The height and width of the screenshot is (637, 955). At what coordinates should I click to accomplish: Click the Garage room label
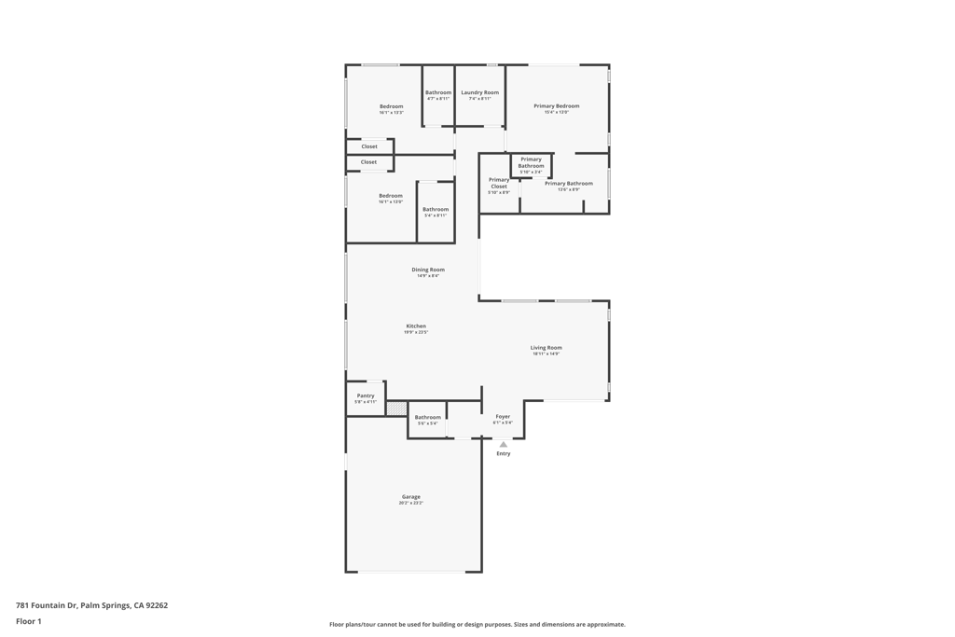pyautogui.click(x=411, y=497)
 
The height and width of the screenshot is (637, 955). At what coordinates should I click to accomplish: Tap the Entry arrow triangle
pyautogui.click(x=504, y=445)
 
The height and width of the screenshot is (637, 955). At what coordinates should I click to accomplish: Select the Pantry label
pyautogui.click(x=366, y=395)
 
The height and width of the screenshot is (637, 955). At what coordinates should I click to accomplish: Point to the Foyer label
pyautogui.click(x=503, y=417)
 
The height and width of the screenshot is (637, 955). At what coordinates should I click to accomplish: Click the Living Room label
pyautogui.click(x=547, y=348)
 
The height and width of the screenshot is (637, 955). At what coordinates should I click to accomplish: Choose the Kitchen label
pyautogui.click(x=416, y=326)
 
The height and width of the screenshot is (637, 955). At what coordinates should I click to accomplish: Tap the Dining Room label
pyautogui.click(x=428, y=270)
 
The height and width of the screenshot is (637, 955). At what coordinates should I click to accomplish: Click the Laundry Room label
pyautogui.click(x=479, y=92)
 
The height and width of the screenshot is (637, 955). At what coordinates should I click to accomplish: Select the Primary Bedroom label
pyautogui.click(x=557, y=106)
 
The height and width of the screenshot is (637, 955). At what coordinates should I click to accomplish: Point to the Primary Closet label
pyautogui.click(x=499, y=183)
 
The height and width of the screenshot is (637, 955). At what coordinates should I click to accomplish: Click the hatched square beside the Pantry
pyautogui.click(x=396, y=408)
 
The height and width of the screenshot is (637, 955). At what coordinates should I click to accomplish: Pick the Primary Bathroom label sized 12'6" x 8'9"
pyautogui.click(x=569, y=184)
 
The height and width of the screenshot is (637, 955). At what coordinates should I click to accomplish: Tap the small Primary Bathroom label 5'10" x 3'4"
pyautogui.click(x=531, y=162)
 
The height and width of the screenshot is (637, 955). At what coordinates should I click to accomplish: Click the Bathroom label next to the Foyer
pyautogui.click(x=428, y=417)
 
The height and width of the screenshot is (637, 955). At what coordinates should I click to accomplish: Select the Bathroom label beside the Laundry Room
pyautogui.click(x=438, y=92)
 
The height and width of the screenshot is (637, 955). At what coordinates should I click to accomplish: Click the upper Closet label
pyautogui.click(x=369, y=146)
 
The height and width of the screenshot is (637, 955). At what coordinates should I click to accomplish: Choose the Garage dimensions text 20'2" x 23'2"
pyautogui.click(x=411, y=504)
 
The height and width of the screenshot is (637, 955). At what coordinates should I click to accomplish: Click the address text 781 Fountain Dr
pyautogui.click(x=91, y=605)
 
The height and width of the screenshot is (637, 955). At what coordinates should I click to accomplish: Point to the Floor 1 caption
pyautogui.click(x=29, y=621)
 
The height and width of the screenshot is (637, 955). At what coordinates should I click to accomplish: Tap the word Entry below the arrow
pyautogui.click(x=504, y=454)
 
